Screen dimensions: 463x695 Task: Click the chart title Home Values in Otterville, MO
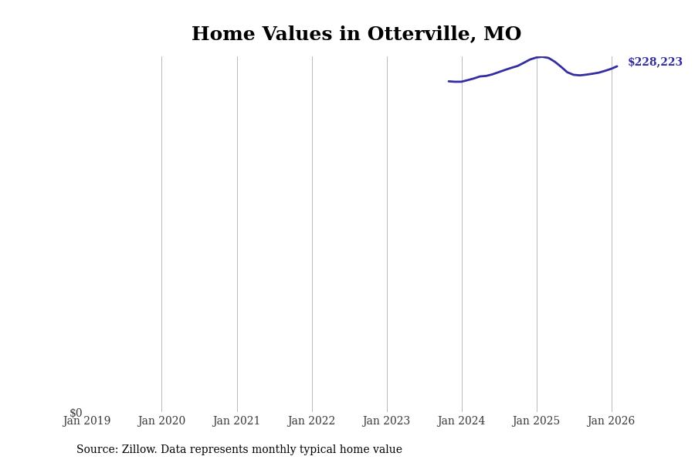tap(356, 35)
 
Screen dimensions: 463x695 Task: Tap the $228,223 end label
tap(655, 63)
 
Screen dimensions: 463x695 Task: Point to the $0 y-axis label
tap(76, 413)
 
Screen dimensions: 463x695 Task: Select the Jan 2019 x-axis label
tap(86, 421)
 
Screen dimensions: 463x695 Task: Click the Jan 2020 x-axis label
tap(161, 421)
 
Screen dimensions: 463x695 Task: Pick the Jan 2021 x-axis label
tap(236, 421)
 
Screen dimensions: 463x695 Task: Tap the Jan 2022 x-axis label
tap(311, 421)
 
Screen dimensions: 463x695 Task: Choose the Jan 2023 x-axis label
tap(386, 421)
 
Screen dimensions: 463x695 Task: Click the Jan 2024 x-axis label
tap(461, 421)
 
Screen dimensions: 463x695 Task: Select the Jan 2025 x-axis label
tap(536, 421)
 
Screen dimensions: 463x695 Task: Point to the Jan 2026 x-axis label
tap(611, 421)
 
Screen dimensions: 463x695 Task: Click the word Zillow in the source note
tap(138, 450)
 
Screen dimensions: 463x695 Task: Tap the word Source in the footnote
tap(96, 450)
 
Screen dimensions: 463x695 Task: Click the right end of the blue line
tap(617, 66)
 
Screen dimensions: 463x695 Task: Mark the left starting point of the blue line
tap(449, 81)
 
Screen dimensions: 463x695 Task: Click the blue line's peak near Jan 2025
tap(541, 57)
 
